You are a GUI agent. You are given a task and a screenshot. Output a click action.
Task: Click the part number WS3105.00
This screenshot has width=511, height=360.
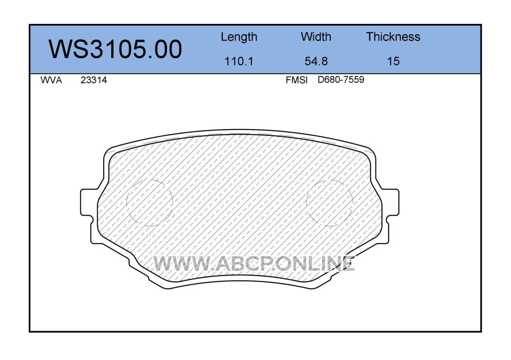pos(115,49)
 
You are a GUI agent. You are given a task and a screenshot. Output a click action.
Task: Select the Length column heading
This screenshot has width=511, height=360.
pos(239,37)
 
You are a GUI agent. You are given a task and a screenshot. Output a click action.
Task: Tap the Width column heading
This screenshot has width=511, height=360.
pos(316,36)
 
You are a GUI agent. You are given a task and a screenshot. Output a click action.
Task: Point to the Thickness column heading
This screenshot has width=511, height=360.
pos(393,36)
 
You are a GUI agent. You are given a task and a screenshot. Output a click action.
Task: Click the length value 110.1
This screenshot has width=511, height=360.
pos(239,61)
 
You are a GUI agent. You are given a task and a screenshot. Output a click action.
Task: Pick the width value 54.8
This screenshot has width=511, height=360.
pos(316,61)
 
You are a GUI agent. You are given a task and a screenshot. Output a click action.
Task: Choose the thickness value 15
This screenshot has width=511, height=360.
pos(393,61)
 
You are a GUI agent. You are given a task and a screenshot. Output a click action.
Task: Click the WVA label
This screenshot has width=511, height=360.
pos(51,80)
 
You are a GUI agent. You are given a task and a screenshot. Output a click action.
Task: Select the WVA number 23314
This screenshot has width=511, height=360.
pos(94,80)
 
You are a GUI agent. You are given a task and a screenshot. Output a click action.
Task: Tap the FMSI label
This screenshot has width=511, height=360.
pos(297,80)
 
